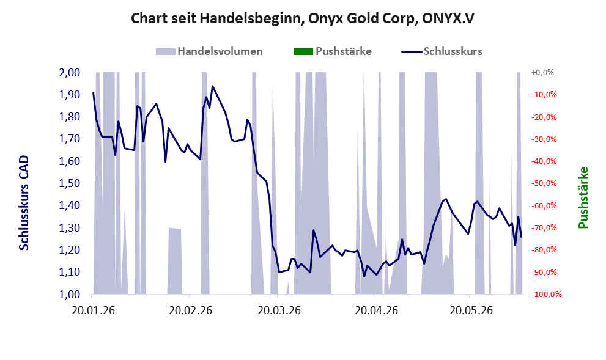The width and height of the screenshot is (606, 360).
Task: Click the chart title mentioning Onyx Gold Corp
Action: tap(303, 18)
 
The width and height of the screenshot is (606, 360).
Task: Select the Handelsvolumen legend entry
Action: tap(209, 51)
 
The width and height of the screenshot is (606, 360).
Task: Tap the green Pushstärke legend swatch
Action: tap(303, 51)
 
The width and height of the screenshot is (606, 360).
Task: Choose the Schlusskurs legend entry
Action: tap(442, 51)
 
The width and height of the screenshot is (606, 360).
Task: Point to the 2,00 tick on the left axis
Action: tap(69, 73)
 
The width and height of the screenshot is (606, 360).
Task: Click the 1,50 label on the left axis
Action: tap(69, 183)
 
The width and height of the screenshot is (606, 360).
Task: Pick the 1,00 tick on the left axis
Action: tap(69, 295)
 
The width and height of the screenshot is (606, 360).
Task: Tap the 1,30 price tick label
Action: tap(69, 228)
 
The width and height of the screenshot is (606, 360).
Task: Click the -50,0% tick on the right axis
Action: tap(544, 183)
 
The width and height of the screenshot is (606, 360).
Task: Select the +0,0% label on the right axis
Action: tap(542, 73)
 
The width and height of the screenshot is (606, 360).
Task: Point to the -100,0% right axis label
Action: tap(546, 295)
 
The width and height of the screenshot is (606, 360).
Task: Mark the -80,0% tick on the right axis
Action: tap(544, 250)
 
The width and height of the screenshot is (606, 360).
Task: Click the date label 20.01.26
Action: tap(93, 310)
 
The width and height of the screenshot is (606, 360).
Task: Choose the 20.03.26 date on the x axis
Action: tap(279, 310)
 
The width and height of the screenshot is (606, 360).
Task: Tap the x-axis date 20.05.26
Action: tap(471, 310)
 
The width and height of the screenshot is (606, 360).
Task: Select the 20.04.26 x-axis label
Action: tap(377, 310)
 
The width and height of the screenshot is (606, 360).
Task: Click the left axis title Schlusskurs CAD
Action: tap(24, 203)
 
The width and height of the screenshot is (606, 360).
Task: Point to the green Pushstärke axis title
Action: tap(583, 198)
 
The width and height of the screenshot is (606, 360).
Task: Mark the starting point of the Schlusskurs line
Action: tap(93, 93)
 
